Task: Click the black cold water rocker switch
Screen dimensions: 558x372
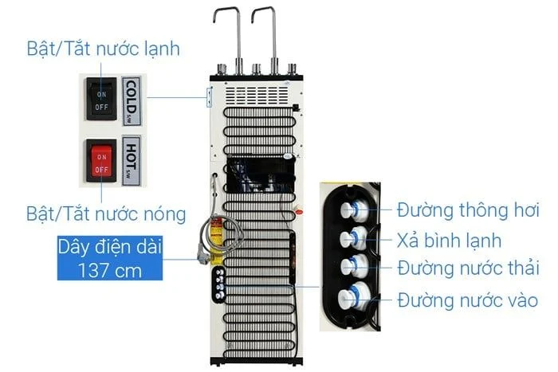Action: coord(101,99)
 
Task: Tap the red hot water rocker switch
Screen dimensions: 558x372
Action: coord(101,161)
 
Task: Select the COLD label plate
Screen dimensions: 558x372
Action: coord(132,101)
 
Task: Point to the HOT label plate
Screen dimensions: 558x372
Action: coord(131,161)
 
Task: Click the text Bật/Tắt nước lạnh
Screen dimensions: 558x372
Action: coord(103,49)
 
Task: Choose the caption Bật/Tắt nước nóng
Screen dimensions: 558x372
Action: coord(106,214)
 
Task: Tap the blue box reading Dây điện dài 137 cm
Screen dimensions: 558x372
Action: coord(110,258)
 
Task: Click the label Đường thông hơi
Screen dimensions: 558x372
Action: coord(468,209)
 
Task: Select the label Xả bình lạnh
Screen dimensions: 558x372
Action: coord(449,241)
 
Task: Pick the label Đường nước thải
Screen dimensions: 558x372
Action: coord(469,268)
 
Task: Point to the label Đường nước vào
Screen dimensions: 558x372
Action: coord(468,300)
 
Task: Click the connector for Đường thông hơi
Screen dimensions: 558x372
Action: coord(353,209)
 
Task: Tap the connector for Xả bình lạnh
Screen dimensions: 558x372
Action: coord(352,238)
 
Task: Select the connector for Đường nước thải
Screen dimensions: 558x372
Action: coord(354,267)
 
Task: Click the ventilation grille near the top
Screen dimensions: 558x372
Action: coord(257,95)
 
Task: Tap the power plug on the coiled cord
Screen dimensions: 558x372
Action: coord(203,256)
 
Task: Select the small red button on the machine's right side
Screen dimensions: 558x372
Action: coord(299,213)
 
